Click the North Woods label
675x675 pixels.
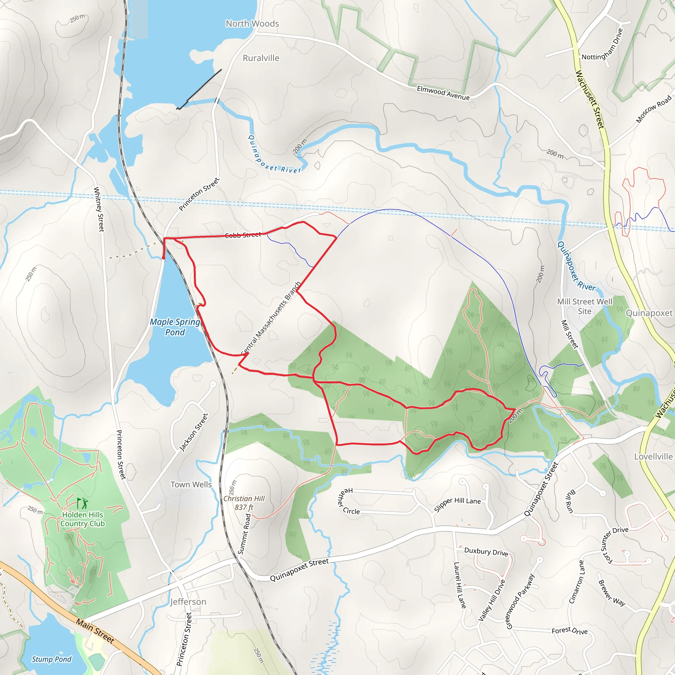tap(252, 24)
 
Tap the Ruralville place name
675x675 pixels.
tap(261, 58)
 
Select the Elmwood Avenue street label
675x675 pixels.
tap(443, 93)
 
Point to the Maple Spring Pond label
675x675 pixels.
tap(175, 327)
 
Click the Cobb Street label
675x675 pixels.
tap(243, 235)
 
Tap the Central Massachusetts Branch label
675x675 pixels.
tap(271, 318)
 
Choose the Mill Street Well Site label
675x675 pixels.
tap(584, 307)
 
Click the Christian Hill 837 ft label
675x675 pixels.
tap(244, 503)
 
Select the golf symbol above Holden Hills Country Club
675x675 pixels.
tap(82, 504)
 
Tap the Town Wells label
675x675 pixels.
tap(191, 484)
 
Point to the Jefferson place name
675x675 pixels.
tap(188, 602)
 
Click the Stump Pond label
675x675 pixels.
tap(52, 659)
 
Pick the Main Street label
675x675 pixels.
tap(95, 631)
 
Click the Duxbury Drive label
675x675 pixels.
tap(486, 552)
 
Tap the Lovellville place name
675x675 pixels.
tap(653, 456)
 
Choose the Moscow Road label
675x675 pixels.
tap(653, 109)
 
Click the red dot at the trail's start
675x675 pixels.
tap(163, 258)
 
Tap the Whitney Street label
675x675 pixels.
tap(99, 209)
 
